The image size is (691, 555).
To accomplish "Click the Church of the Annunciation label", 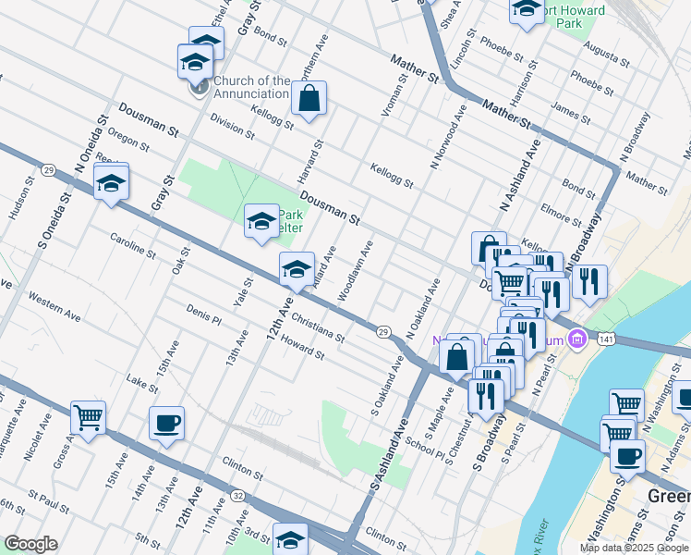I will coord(251,87).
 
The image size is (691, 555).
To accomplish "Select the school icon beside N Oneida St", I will coord(111,183).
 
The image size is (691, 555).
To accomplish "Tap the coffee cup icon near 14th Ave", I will coord(166,425).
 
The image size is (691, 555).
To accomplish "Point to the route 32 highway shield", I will coord(237,496).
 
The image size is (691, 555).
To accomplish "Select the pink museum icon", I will coord(578,339).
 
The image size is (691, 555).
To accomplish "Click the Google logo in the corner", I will coord(30,544).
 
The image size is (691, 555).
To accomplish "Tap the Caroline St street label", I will coord(132,247).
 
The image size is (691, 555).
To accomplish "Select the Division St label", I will coord(231,125).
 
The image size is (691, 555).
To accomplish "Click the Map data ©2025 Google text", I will coord(634,548).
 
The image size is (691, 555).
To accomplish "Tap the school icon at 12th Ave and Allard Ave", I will coord(297,269).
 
